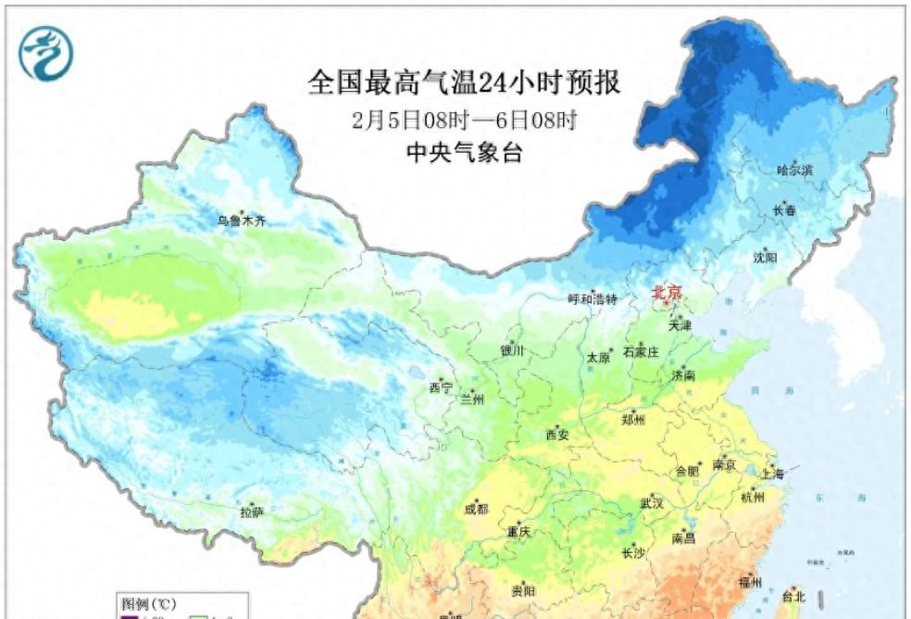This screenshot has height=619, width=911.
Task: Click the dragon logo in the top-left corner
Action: pyautogui.click(x=45, y=53)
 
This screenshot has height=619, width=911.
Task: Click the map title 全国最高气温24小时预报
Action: pyautogui.click(x=464, y=83)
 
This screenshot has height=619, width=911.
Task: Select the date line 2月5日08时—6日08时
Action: pyautogui.click(x=464, y=120)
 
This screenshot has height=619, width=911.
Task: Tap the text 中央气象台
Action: pyautogui.click(x=464, y=154)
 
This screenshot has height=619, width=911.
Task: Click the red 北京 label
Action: pyautogui.click(x=667, y=293)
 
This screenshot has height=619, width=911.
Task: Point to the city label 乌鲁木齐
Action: pyautogui.click(x=242, y=221)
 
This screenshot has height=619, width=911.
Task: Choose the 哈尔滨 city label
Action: pyautogui.click(x=794, y=171)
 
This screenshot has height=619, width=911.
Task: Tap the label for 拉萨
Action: pyautogui.click(x=252, y=512)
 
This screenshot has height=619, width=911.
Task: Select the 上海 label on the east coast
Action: pyautogui.click(x=771, y=474)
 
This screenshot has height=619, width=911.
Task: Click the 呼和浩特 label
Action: pyautogui.click(x=592, y=299)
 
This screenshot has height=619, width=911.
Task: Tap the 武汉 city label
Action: pyautogui.click(x=652, y=503)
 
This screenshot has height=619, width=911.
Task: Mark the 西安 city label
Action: pyautogui.click(x=556, y=434)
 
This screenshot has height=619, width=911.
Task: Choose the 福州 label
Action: pyautogui.click(x=750, y=583)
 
